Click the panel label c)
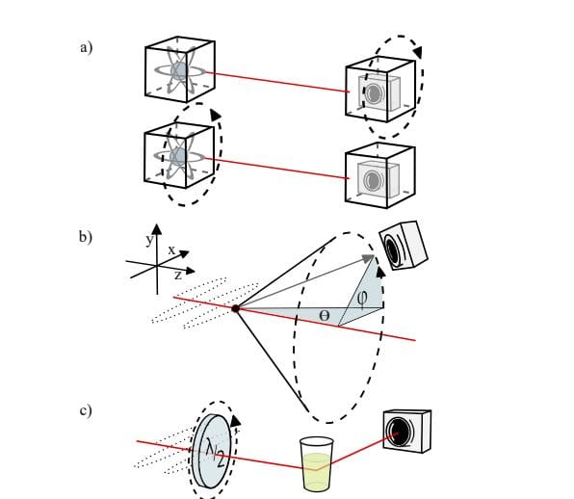[86, 411]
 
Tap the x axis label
[171, 249]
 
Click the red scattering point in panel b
[235, 308]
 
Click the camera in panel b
[403, 243]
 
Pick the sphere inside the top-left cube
[178, 71]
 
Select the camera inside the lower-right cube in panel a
[375, 179]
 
